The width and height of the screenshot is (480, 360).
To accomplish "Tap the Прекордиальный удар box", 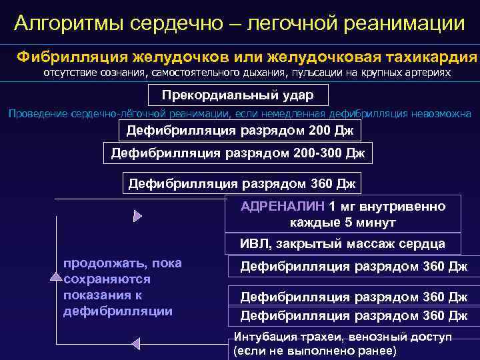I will (x=238, y=96).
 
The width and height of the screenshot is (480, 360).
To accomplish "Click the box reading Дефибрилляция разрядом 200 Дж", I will (x=239, y=129).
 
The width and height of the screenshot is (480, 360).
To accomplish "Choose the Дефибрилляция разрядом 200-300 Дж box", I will (x=238, y=155).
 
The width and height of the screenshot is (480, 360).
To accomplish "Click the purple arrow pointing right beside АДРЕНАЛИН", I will (x=138, y=215).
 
